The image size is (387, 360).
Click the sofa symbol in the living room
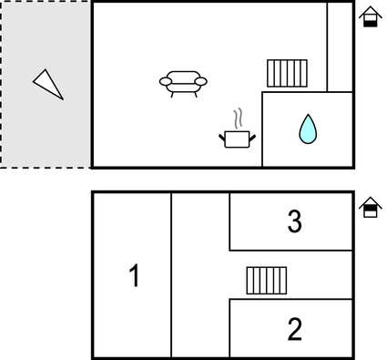tap(183, 83)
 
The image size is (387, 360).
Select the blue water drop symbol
tap(308, 129)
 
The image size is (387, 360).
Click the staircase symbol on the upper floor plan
tap(288, 73)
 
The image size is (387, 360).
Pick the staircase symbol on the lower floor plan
tap(266, 281)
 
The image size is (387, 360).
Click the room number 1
tap(134, 275)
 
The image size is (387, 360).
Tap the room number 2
tap(293, 329)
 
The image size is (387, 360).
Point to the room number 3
tap(293, 221)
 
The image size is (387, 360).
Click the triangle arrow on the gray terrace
tap(48, 84)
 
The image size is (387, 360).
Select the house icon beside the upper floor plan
tap(370, 17)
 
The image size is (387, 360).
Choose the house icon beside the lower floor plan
tap(370, 208)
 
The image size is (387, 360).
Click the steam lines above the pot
tap(238, 118)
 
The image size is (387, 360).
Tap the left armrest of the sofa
tap(165, 82)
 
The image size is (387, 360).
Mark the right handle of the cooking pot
tap(253, 137)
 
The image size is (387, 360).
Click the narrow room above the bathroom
tap(340, 46)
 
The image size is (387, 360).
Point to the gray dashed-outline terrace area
tap(46, 128)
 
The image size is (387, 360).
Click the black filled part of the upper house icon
tap(370, 22)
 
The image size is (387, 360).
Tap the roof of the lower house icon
tap(370, 201)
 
